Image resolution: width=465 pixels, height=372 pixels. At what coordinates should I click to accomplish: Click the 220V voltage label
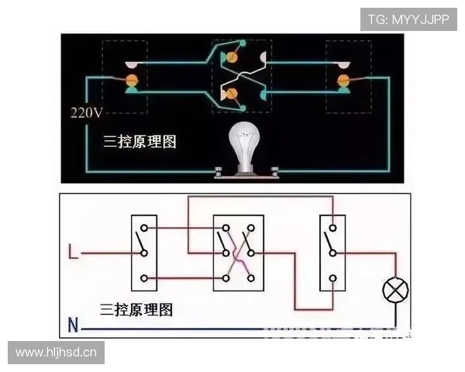coord(87,113)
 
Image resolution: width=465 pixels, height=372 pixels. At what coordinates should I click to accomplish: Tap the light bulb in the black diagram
coord(245,148)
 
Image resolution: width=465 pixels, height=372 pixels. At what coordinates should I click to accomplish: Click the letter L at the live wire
coord(74,252)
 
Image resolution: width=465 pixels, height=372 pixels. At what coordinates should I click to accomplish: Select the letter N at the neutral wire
coord(73,325)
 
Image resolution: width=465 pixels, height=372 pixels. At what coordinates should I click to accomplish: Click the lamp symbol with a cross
coord(395,290)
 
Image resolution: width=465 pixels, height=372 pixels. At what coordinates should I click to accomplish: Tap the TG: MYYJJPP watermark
coord(408,19)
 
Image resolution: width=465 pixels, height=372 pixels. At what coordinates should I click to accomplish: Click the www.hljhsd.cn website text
coord(56,353)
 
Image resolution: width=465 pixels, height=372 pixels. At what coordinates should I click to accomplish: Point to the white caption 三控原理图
coord(139,142)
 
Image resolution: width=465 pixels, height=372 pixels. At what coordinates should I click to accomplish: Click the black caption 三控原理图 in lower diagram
coord(136,310)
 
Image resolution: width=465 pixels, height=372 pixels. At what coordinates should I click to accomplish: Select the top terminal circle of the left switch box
coord(144,228)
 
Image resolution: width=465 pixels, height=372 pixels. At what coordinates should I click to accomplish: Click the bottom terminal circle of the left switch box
coord(144,278)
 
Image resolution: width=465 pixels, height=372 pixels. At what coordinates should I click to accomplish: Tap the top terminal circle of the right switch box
coord(332,228)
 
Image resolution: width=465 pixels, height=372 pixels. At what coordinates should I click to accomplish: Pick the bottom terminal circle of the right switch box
coord(332,278)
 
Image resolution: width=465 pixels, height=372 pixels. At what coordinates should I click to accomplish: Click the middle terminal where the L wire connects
coord(144,253)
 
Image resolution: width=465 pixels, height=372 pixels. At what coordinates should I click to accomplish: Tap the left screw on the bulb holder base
coord(219,171)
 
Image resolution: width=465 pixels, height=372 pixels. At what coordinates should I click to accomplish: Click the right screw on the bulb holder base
coord(275,171)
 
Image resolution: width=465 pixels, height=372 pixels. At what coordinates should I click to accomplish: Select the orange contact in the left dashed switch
coord(132,80)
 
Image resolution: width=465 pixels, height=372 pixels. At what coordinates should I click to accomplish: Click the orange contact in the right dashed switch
coord(343,80)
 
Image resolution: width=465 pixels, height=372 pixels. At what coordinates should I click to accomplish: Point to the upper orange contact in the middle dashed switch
coord(231,57)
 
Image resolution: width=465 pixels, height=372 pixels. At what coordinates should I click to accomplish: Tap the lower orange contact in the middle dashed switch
coord(231,94)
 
